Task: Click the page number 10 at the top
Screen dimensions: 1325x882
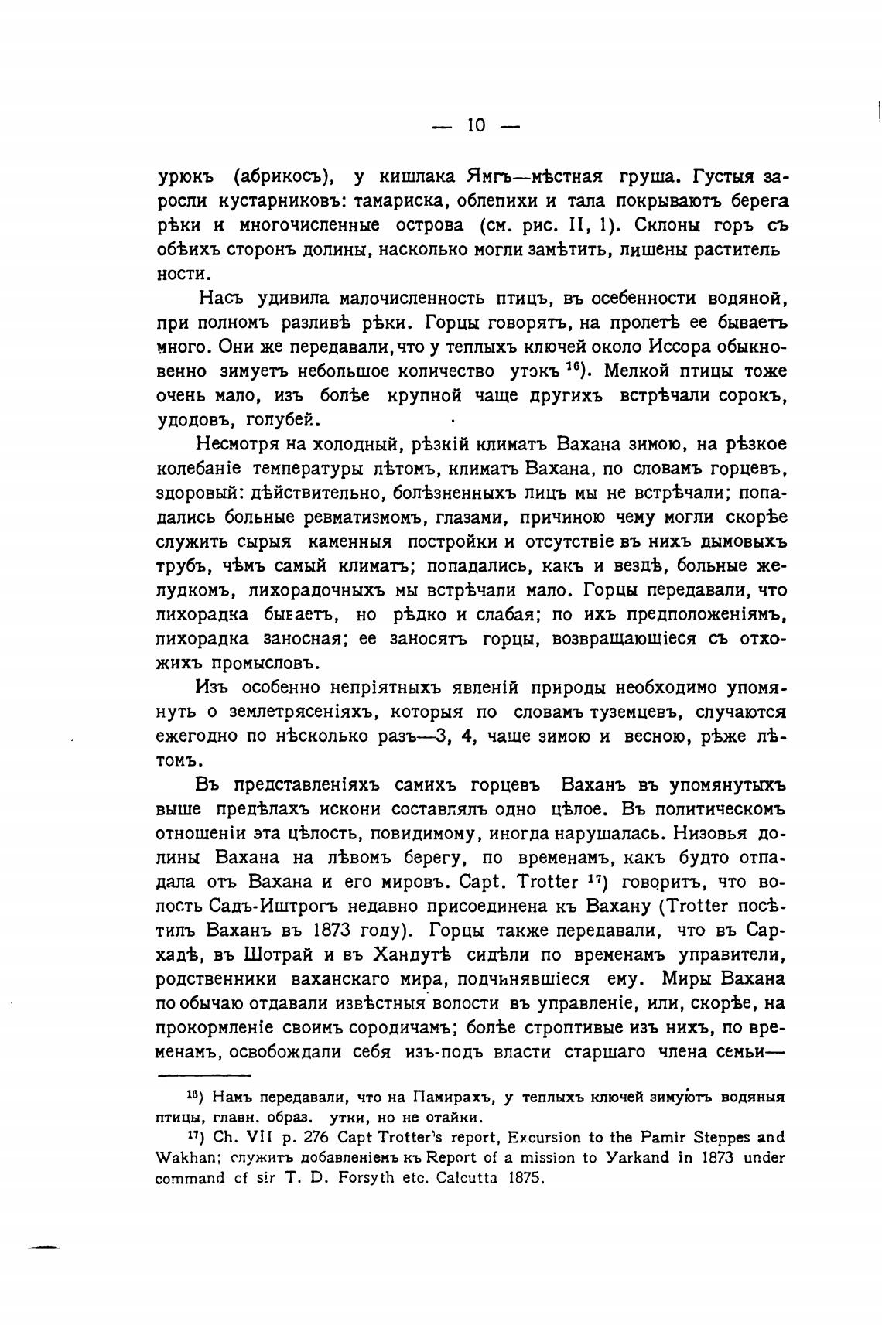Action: click(475, 125)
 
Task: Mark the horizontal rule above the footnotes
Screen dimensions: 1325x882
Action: click(204, 1075)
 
